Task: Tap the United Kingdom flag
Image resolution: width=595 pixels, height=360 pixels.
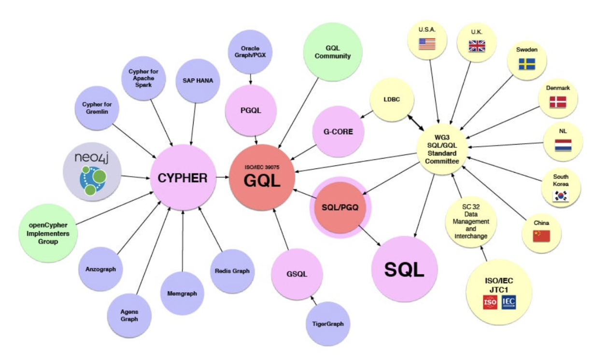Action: [x=476, y=46]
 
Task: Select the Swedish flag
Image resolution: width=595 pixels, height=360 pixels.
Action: [x=526, y=64]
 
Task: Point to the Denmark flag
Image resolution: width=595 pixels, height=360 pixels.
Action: [x=558, y=101]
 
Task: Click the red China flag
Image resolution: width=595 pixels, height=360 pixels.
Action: [x=541, y=236]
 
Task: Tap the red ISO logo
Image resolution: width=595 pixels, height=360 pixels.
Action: [x=490, y=303]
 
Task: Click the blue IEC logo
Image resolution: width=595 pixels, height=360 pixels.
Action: [x=509, y=303]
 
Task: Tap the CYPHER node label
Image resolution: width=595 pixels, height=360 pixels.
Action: [x=183, y=178]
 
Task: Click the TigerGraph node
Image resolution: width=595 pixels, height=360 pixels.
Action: [x=325, y=324]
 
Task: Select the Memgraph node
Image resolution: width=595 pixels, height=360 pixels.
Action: [x=182, y=293]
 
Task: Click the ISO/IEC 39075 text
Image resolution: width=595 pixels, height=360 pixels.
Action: [x=261, y=167]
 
